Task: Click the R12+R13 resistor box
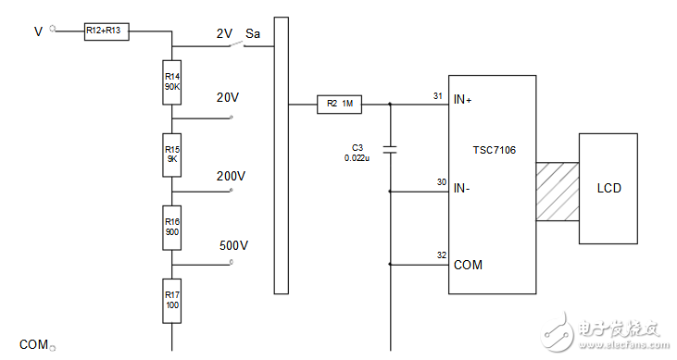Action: point(107,31)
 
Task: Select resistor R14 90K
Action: point(172,82)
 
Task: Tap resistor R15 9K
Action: point(172,155)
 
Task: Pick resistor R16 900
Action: point(172,228)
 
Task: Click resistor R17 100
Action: point(172,301)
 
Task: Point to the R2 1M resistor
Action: point(339,105)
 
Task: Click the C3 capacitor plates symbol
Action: point(390,150)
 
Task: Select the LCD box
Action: point(608,189)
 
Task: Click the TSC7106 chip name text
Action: point(494,150)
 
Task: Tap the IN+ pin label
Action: point(462,100)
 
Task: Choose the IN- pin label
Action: point(461,188)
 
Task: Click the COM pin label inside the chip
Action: point(468,265)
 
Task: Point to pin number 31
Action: point(438,96)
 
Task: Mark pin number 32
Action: point(441,255)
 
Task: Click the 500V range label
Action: point(233,245)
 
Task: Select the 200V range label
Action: point(231,176)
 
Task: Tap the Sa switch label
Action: point(253,33)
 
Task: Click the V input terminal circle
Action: point(53,29)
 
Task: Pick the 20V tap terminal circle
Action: point(231,117)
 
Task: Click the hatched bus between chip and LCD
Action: point(558,192)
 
